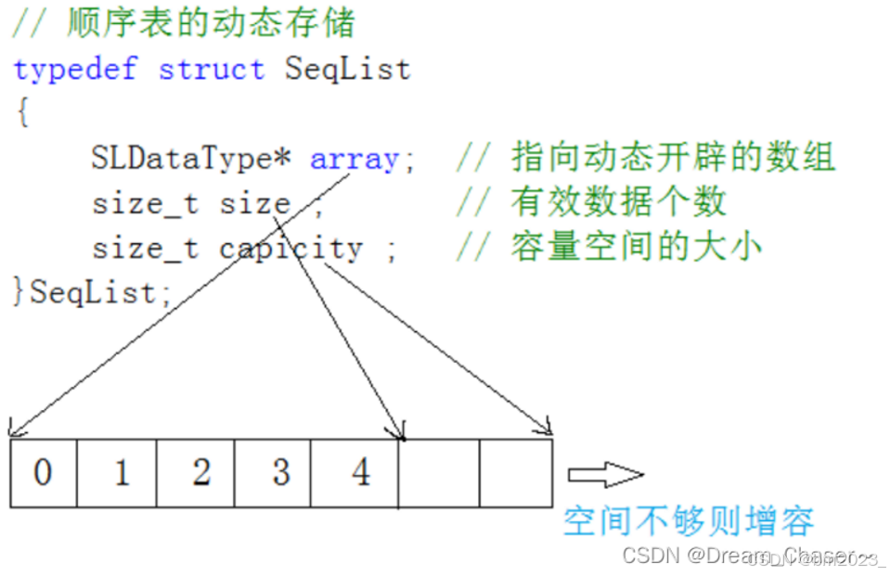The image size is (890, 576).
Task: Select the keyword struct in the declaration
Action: pos(211,70)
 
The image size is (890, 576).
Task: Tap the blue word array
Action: pos(354,159)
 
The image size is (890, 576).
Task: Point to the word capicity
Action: pos(290,248)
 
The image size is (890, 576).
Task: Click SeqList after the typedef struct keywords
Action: pos(347,70)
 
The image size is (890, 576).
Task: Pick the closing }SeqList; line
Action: pos(93,292)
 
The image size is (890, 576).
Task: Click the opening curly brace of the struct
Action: pos(22,113)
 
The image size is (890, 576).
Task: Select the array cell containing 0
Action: pos(44,473)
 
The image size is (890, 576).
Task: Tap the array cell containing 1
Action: pos(120,473)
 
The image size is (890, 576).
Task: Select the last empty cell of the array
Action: pos(515,473)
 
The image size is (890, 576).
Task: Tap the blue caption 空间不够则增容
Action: pos(688,520)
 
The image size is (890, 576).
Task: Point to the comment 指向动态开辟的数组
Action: pos(672,158)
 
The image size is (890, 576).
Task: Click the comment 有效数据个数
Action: pos(617,202)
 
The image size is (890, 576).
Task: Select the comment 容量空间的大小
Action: pos(635,247)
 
